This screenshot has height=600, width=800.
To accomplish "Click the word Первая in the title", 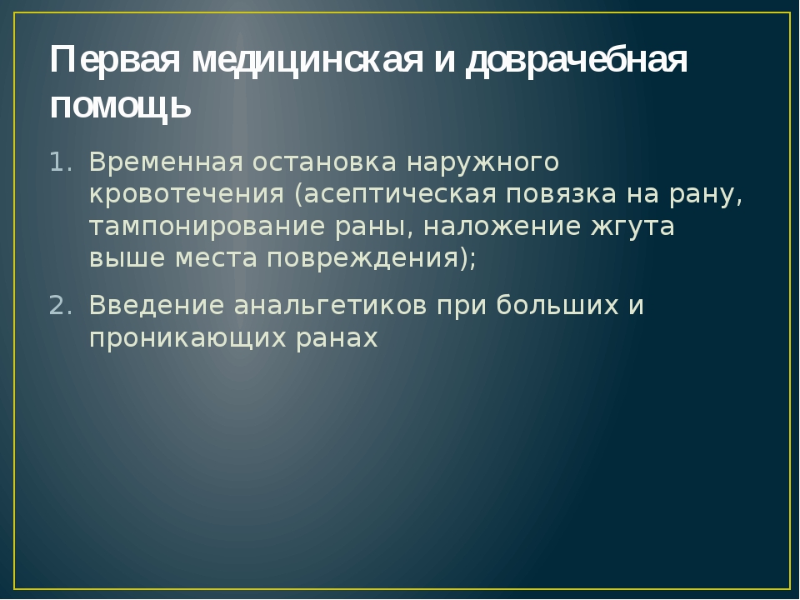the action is pyautogui.click(x=115, y=60).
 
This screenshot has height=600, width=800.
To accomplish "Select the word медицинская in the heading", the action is pyautogui.click(x=307, y=61).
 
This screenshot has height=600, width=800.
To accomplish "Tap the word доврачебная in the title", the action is pyautogui.click(x=577, y=61).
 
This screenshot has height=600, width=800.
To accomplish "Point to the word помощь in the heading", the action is pyautogui.click(x=120, y=106).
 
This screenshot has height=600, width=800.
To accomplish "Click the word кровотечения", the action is pyautogui.click(x=187, y=195).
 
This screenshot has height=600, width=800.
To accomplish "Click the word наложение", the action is pyautogui.click(x=502, y=226).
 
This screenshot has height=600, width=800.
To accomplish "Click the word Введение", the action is pyautogui.click(x=157, y=306).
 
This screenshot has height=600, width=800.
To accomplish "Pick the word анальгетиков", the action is pyautogui.click(x=330, y=306).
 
